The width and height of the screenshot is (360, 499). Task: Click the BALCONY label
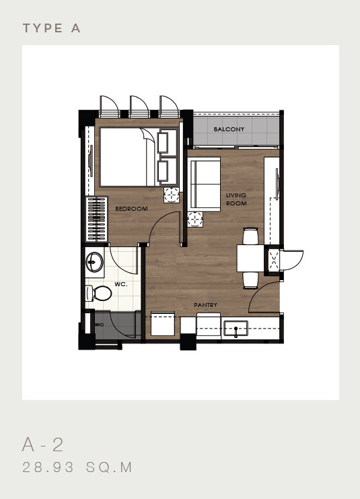pos(229,129)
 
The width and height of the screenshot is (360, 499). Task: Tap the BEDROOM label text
pos(131,209)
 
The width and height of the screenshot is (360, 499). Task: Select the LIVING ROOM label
pos(236,199)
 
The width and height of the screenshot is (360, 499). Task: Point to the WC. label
pos(121,284)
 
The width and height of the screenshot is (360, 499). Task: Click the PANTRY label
pos(206,306)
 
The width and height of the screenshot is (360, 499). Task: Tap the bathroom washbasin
pos(95,262)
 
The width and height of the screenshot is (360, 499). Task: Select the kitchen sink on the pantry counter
pos(236,329)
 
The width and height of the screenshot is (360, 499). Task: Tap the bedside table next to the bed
pos(172,195)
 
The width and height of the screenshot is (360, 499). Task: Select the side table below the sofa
pos(195,219)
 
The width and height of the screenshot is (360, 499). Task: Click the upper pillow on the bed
pos(164,142)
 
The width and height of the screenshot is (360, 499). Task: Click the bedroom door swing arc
pos(161,226)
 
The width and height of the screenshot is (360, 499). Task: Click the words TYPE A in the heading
pos(52,28)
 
